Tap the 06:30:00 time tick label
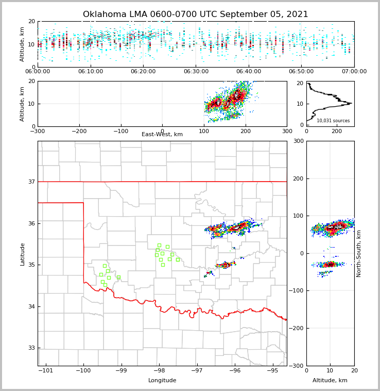coord(196,72)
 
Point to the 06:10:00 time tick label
coord(91,72)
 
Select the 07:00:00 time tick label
coord(354,72)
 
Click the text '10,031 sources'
coord(333,121)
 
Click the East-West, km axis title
coord(162,135)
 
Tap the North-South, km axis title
coord(359,253)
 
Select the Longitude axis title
coord(162,381)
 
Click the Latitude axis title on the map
coord(22,254)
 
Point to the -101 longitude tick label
coord(46,370)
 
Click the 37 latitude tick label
coord(32,182)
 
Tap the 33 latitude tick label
coord(32,348)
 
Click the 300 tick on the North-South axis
coord(297,141)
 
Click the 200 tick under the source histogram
coord(337,131)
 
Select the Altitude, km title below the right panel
coord(330,381)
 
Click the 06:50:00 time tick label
coord(302,72)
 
